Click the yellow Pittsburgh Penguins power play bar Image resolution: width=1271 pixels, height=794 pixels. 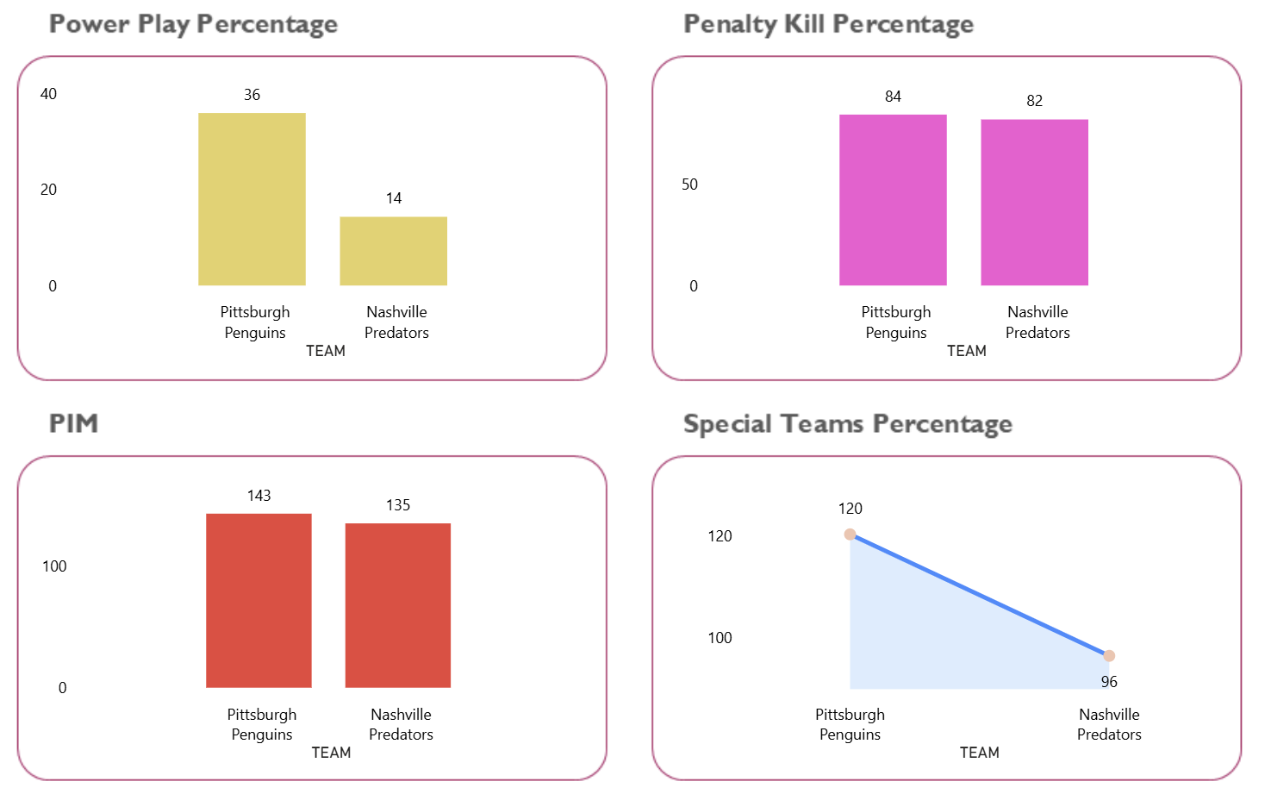tap(252, 199)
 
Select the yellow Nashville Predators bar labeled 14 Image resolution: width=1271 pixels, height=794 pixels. tap(393, 251)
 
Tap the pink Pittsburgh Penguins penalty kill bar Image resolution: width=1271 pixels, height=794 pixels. tap(893, 200)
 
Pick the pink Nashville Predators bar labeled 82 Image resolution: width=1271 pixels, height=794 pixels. tap(1034, 203)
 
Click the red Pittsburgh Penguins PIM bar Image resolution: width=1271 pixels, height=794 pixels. tap(259, 601)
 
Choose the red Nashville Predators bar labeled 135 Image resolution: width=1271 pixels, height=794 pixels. tap(398, 605)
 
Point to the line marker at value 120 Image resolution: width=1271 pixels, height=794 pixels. tap(850, 535)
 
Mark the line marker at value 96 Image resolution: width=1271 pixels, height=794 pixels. tap(1109, 656)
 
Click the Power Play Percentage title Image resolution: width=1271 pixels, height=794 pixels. tap(193, 24)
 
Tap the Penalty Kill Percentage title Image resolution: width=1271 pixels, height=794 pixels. tap(828, 24)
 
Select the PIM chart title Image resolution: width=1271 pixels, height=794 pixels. tap(74, 423)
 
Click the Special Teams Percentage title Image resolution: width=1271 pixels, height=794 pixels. tap(847, 424)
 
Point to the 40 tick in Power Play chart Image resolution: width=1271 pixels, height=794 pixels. tap(48, 94)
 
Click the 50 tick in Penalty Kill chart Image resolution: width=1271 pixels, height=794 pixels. tap(689, 184)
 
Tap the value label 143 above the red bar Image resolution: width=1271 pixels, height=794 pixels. tap(259, 496)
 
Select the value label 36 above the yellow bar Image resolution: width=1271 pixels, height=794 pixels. tap(252, 95)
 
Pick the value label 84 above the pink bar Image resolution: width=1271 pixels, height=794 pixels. tap(893, 97)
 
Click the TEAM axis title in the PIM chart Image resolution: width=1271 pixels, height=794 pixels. tap(331, 753)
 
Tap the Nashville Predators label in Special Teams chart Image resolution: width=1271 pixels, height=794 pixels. tap(1109, 724)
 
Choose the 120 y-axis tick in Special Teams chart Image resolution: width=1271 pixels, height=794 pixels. tap(720, 536)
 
